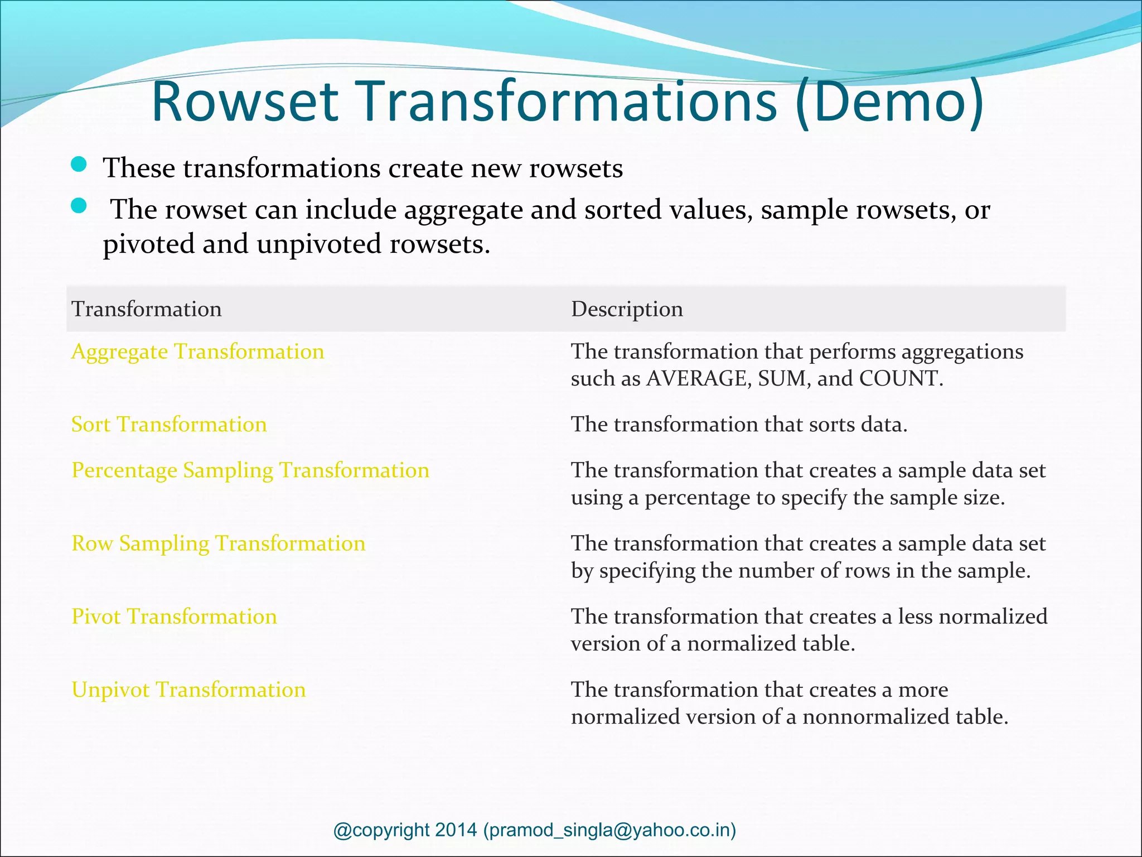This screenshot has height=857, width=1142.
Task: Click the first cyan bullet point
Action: tap(79, 165)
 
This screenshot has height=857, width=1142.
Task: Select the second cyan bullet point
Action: tap(79, 206)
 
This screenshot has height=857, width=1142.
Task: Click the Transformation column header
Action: tap(147, 309)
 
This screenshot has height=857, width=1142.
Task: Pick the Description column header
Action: tap(627, 309)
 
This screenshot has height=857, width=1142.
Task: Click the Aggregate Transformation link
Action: tap(198, 352)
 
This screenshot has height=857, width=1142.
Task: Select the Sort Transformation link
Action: tap(170, 425)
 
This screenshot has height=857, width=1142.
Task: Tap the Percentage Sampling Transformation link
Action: tap(250, 470)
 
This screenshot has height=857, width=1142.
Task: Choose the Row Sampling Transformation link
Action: tap(219, 543)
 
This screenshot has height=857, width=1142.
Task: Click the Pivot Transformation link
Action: tap(175, 617)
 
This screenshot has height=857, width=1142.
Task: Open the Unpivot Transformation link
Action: tap(189, 690)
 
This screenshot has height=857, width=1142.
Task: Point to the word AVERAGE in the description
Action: tap(694, 379)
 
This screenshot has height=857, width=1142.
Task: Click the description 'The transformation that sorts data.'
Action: tap(739, 425)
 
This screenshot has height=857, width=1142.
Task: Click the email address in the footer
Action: tap(609, 830)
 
